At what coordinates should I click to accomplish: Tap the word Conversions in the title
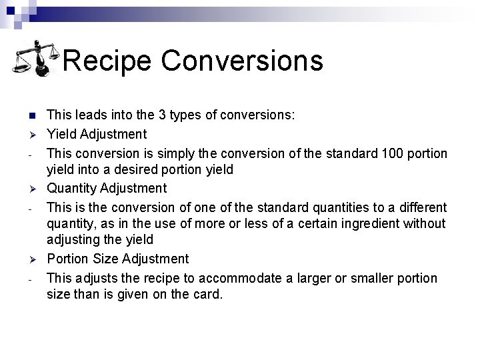point(242,61)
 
